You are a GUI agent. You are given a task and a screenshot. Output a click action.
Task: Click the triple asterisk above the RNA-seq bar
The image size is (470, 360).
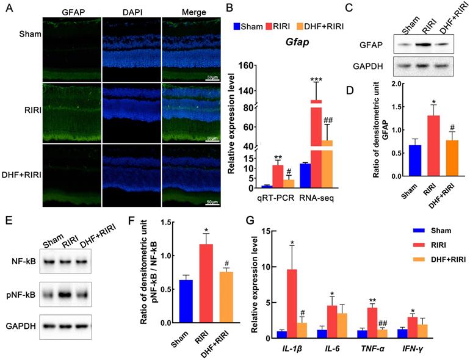(x=316, y=80)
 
